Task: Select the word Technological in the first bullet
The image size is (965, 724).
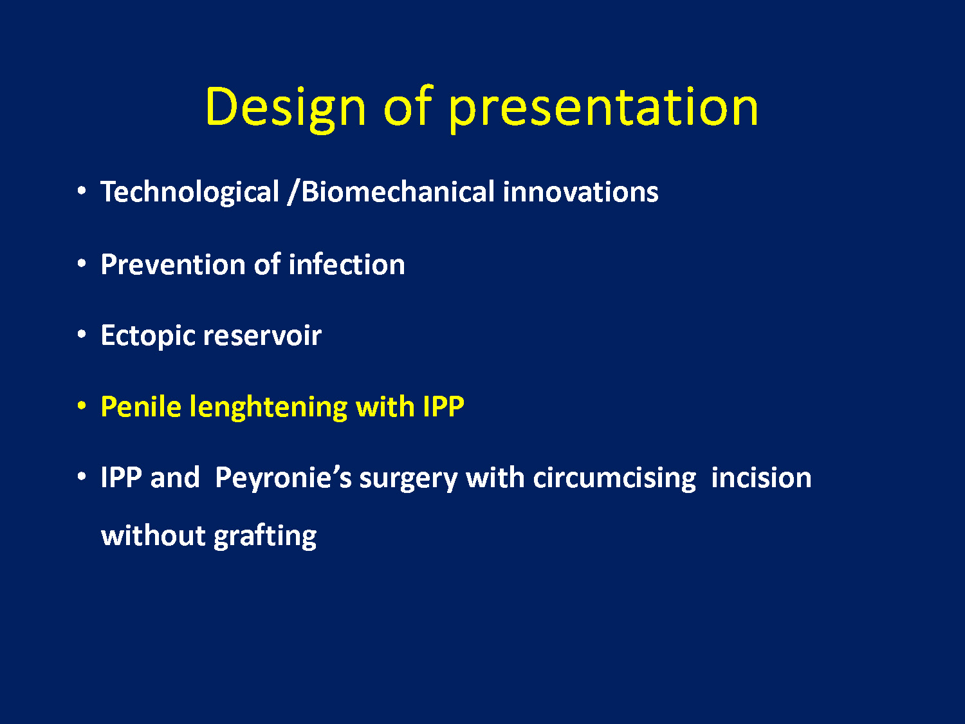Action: click(x=190, y=192)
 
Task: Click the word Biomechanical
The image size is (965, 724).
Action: click(x=398, y=192)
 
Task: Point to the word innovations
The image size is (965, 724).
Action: click(x=581, y=192)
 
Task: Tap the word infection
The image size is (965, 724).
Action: click(x=347, y=265)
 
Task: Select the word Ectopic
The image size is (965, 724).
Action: click(x=148, y=337)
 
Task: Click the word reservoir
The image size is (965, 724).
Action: click(x=263, y=336)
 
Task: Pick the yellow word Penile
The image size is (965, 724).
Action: click(x=141, y=407)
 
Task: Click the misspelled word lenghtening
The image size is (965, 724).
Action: click(x=269, y=407)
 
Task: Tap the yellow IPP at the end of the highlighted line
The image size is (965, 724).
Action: click(x=443, y=407)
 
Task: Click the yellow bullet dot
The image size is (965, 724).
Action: click(x=81, y=405)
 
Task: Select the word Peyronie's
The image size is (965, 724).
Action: click(x=284, y=478)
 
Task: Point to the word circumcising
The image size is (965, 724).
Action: click(x=614, y=478)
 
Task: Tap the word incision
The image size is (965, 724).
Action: click(x=762, y=478)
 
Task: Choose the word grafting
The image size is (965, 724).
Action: click(x=265, y=537)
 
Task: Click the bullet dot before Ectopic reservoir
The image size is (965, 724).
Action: click(x=81, y=335)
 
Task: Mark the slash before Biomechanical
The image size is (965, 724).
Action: click(x=293, y=192)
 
